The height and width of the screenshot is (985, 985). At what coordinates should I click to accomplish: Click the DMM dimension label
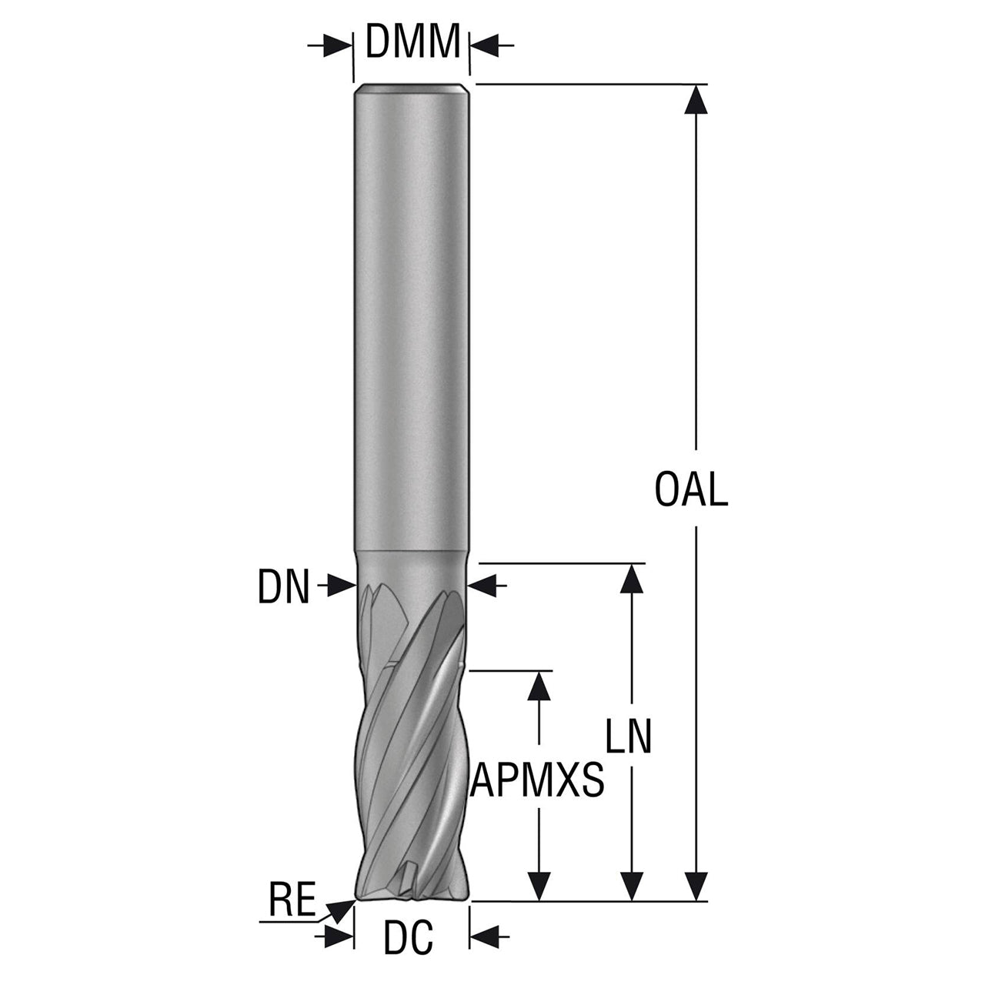(412, 41)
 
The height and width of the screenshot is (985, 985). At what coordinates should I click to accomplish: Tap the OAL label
(691, 489)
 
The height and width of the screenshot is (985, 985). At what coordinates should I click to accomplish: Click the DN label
(284, 587)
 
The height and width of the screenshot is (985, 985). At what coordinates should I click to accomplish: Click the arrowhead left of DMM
(338, 45)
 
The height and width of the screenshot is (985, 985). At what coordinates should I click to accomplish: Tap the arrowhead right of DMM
(485, 45)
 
